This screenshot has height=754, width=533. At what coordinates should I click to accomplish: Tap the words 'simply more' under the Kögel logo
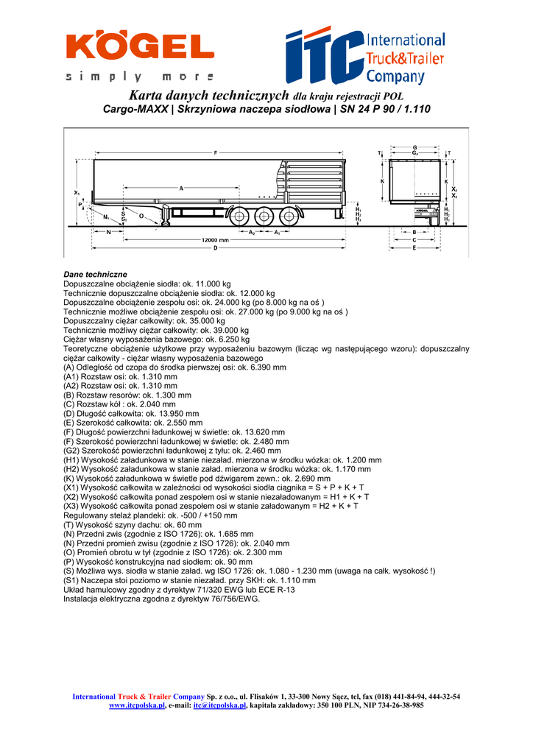[140, 77]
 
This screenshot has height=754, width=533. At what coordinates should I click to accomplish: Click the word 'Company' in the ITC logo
[395, 76]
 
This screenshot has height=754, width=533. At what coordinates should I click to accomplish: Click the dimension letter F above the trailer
[216, 152]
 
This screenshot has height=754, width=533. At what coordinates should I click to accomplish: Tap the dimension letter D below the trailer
[216, 248]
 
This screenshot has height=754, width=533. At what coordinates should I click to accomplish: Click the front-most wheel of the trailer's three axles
[239, 217]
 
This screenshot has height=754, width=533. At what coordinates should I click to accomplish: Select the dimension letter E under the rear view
[414, 248]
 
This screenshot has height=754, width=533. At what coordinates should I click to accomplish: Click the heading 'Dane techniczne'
[95, 274]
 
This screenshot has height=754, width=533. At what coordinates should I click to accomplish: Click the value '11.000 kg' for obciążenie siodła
[211, 283]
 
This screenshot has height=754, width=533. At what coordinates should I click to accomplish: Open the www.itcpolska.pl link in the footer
[137, 705]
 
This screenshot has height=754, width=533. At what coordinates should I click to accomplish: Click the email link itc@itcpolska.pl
[219, 705]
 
